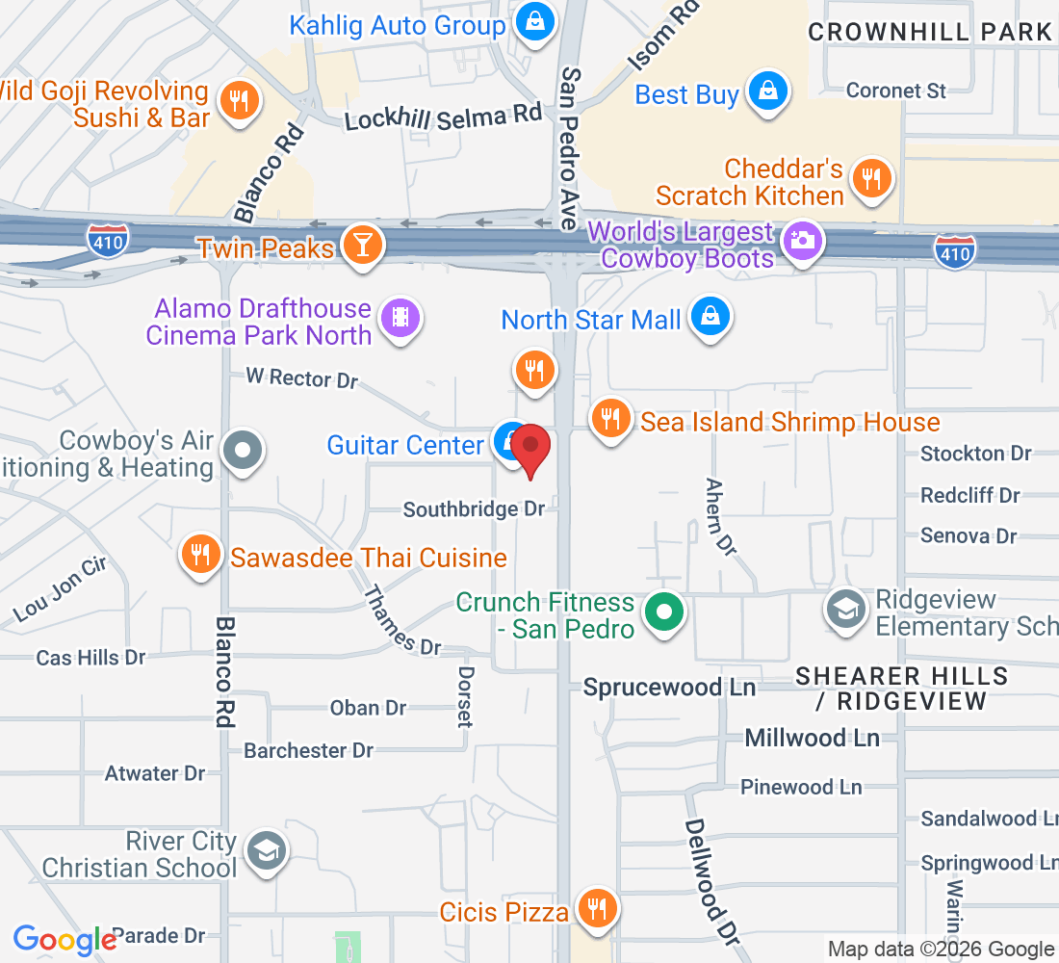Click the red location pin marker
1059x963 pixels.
(529, 449)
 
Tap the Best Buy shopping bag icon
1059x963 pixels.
(768, 92)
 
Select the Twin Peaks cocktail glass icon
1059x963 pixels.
(362, 246)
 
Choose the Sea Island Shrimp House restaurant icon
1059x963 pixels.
(609, 419)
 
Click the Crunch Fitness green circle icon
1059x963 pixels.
(663, 612)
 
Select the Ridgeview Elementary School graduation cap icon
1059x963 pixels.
(846, 609)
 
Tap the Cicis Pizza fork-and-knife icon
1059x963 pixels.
(597, 907)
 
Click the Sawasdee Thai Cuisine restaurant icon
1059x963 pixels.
(200, 555)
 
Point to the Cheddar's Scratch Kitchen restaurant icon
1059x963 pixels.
(872, 179)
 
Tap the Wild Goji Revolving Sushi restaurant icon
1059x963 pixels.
(237, 100)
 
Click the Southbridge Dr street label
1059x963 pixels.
(474, 508)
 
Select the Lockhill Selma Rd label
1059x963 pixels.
(444, 117)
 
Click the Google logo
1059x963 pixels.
(65, 940)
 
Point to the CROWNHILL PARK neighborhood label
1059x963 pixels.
(930, 32)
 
